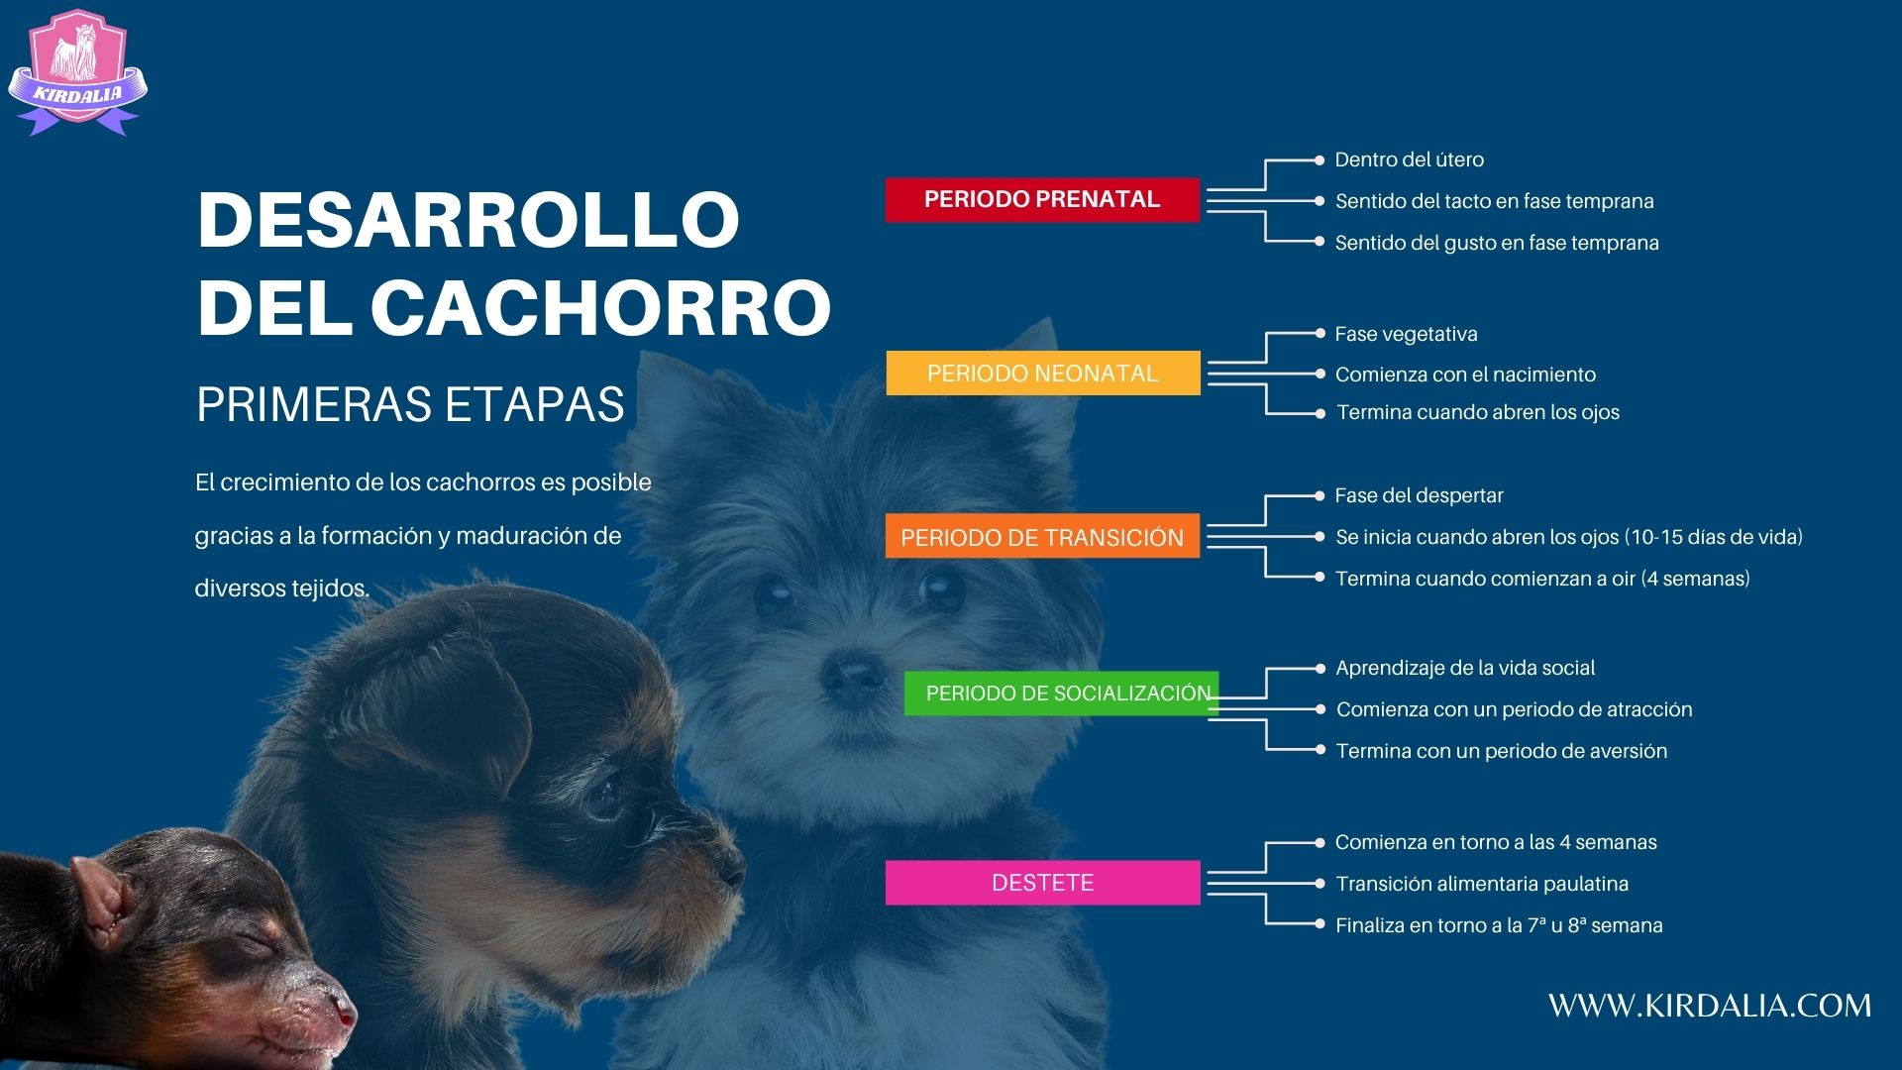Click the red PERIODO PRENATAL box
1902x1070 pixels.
tap(1042, 199)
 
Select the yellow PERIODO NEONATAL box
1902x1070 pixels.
tap(1043, 374)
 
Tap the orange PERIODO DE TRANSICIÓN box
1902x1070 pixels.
tap(1042, 536)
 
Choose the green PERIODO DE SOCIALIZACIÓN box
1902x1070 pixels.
tap(1061, 694)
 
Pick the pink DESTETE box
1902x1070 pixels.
tap(1042, 883)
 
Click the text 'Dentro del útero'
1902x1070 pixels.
tap(1409, 160)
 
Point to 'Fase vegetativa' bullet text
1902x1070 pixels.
tap(1406, 335)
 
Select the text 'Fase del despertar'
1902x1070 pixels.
tap(1419, 495)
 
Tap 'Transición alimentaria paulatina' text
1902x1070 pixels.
tap(1482, 884)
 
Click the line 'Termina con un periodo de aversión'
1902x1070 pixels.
tap(1502, 751)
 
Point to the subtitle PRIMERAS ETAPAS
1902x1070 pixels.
tap(411, 404)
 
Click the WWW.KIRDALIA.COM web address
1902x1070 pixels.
tap(1710, 1006)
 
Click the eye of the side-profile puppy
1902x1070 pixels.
tap(601, 798)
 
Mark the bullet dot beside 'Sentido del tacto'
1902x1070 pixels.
tap(1319, 201)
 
